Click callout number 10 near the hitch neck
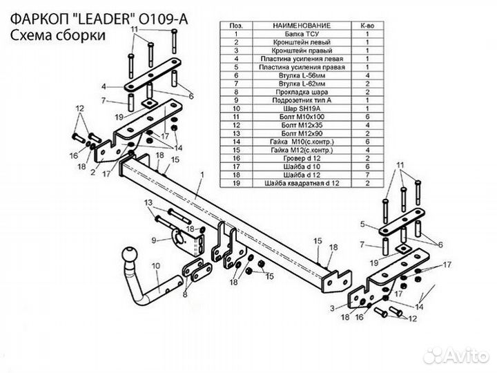(156, 265)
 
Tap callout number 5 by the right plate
(362, 222)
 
